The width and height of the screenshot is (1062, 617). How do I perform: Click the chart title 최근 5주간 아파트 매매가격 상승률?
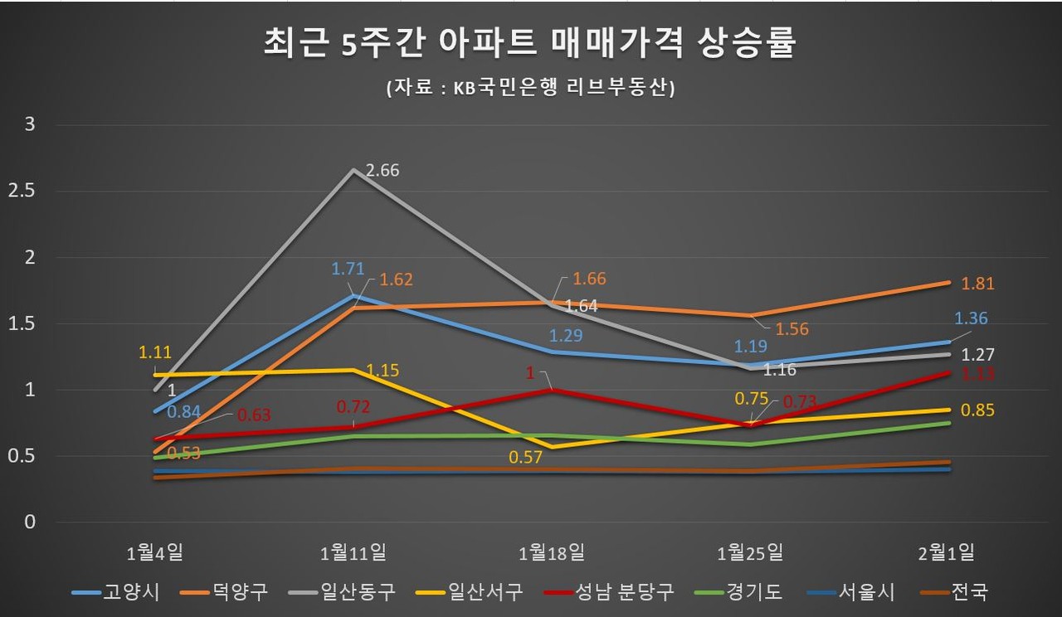point(529,43)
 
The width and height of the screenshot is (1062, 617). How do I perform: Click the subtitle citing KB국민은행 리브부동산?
point(530,87)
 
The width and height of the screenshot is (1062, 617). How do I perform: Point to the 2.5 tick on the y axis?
point(22,191)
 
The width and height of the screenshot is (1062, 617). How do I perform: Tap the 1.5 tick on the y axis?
point(22,323)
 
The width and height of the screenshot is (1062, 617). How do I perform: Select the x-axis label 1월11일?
point(353,552)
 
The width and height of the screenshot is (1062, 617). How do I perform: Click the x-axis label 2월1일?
point(947,552)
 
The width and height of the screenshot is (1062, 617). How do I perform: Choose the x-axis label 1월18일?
point(552,552)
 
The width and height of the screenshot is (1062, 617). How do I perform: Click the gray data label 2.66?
point(382,170)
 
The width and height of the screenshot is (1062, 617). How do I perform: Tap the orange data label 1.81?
point(977,284)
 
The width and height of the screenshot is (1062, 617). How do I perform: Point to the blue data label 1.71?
point(348,269)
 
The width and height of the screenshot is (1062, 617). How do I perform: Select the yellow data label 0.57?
point(525,457)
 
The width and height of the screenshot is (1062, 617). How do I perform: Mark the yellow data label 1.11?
point(155,352)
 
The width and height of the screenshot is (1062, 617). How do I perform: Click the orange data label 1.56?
point(792,329)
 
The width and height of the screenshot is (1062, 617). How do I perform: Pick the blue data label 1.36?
point(971,318)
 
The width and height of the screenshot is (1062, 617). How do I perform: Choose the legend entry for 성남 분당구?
point(609,592)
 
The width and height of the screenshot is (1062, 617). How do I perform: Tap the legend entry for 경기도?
point(738,592)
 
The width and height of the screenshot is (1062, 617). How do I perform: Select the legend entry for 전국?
point(954,592)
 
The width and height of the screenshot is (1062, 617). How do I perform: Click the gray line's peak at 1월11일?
point(353,170)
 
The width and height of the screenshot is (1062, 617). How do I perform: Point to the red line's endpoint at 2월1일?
point(948,372)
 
